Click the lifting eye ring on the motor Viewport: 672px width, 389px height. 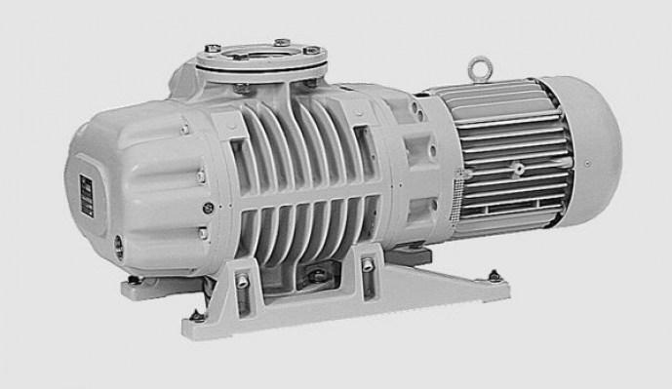479,67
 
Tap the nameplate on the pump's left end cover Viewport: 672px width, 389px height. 83,192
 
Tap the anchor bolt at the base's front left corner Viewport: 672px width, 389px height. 196,315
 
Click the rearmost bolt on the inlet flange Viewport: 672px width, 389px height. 281,42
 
